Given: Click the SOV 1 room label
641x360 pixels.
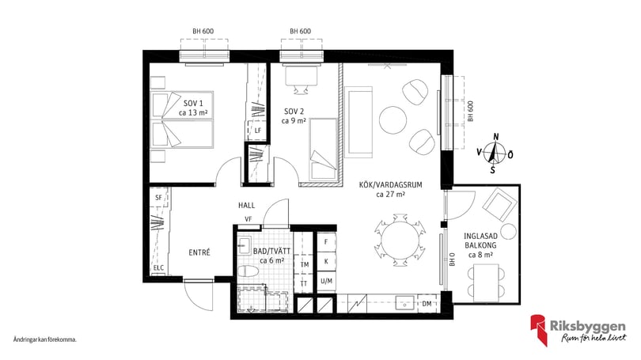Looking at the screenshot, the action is tap(193, 104).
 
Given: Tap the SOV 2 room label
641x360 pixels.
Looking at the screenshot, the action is tap(294, 111).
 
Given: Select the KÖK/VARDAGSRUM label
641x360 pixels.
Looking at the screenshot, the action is tap(390, 184).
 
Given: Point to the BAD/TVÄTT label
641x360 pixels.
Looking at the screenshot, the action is tap(272, 252).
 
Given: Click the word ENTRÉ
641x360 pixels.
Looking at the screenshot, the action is tap(199, 252).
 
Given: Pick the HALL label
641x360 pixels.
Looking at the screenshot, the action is tap(246, 205).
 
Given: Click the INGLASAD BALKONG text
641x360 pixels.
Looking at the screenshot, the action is tap(481, 241).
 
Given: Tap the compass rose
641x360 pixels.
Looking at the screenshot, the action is tap(495, 154).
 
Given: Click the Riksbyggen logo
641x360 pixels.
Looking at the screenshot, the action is tap(578, 330).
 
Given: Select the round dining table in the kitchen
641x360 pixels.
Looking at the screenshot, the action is tap(400, 241).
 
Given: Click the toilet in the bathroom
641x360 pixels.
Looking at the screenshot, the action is tap(248, 271).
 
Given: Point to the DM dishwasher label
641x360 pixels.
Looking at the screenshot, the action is tap(427, 304).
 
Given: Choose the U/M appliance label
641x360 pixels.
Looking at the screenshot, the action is tap(326, 281).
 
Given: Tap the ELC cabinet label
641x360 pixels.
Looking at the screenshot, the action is tap(158, 268).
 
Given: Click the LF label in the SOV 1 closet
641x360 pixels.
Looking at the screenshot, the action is tap(257, 131).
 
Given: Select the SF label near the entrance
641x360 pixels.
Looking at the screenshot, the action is tap(158, 198).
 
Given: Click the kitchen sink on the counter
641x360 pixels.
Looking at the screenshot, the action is tap(404, 304).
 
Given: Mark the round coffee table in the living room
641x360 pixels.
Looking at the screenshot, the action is tap(393, 119).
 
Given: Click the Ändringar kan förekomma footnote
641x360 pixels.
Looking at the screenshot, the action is tap(45, 339).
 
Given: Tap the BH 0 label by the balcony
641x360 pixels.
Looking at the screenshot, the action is tap(452, 260).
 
